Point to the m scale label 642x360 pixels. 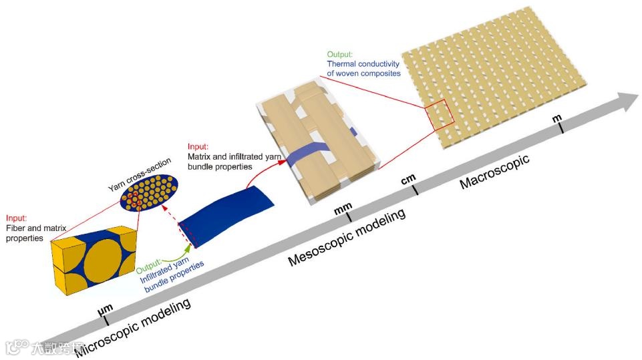557,118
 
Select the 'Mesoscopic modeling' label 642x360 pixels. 347,238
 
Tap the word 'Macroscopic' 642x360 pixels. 494,171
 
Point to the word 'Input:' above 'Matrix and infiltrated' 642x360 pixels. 198,146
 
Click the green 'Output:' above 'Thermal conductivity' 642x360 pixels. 340,54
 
